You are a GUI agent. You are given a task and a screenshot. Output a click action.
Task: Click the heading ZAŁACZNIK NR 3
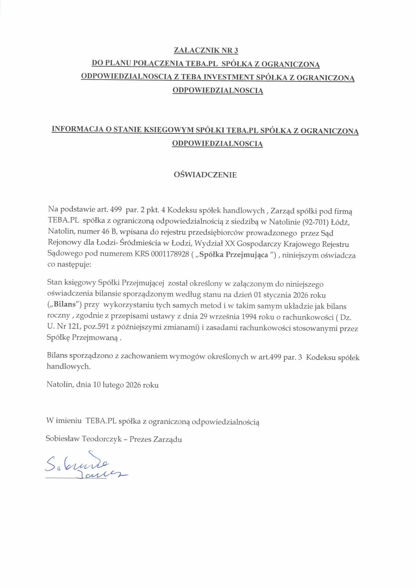coord(206,50)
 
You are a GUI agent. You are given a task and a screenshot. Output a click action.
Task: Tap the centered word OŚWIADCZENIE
coord(205,175)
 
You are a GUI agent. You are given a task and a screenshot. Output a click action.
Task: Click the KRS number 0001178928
coord(170,254)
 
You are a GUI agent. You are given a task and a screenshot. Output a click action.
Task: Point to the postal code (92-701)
coord(315,222)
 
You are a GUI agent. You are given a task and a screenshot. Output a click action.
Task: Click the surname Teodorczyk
coord(102,439)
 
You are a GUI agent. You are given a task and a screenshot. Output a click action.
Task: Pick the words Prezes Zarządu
coord(156,439)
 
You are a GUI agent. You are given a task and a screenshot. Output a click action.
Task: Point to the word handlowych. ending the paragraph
coord(69,366)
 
